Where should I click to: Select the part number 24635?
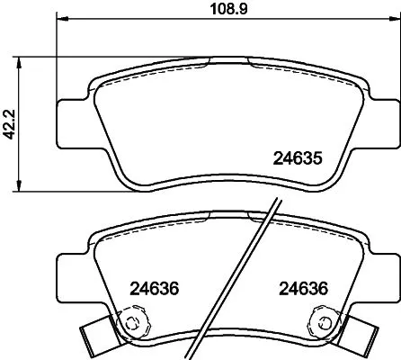click(x=298, y=158)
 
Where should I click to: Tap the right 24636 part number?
click(x=298, y=290)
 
